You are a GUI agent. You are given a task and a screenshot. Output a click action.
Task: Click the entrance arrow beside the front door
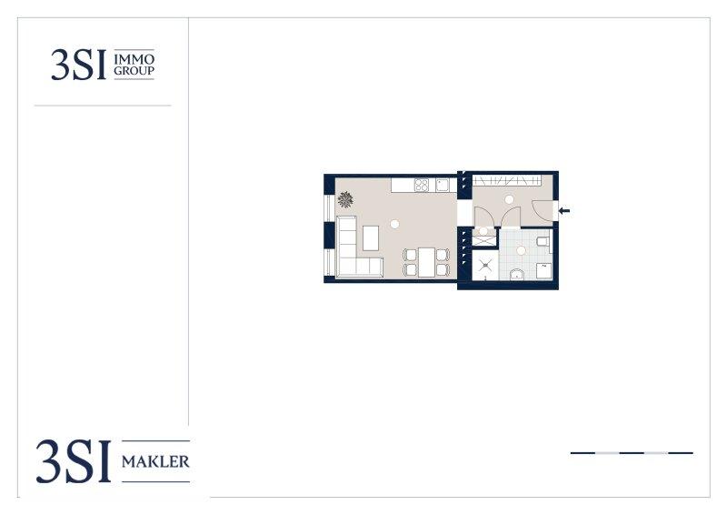(x=563, y=211)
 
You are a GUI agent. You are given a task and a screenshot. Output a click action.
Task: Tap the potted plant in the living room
(x=345, y=199)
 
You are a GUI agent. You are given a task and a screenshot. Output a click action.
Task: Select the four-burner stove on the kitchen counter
(x=422, y=186)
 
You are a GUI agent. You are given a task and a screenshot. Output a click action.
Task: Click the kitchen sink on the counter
(x=443, y=186)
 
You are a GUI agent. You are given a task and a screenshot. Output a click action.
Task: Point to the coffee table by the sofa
(x=371, y=237)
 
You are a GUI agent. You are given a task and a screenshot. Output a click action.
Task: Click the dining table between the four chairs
(x=426, y=262)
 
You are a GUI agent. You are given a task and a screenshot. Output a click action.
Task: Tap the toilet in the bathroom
(x=543, y=241)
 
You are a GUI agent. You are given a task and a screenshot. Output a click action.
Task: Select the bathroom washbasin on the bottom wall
(x=516, y=275)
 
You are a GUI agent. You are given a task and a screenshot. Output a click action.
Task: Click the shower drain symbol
(x=485, y=265)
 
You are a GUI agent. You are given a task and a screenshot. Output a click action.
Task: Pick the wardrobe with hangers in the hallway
(x=507, y=180)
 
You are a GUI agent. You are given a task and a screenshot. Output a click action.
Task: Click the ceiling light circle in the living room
(x=394, y=225)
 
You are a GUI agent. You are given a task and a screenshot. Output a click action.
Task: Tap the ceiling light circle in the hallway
(x=509, y=199)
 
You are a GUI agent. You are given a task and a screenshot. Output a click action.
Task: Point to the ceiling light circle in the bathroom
(x=521, y=251)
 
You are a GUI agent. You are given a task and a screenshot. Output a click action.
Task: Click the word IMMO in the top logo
(x=134, y=59)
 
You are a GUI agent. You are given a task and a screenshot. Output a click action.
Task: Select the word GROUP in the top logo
(x=134, y=71)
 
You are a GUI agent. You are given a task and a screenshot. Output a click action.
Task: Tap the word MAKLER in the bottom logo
(x=155, y=461)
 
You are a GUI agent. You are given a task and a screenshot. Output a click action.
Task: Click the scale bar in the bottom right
(x=632, y=453)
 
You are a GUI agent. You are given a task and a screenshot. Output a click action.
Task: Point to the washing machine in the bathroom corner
(x=543, y=271)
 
